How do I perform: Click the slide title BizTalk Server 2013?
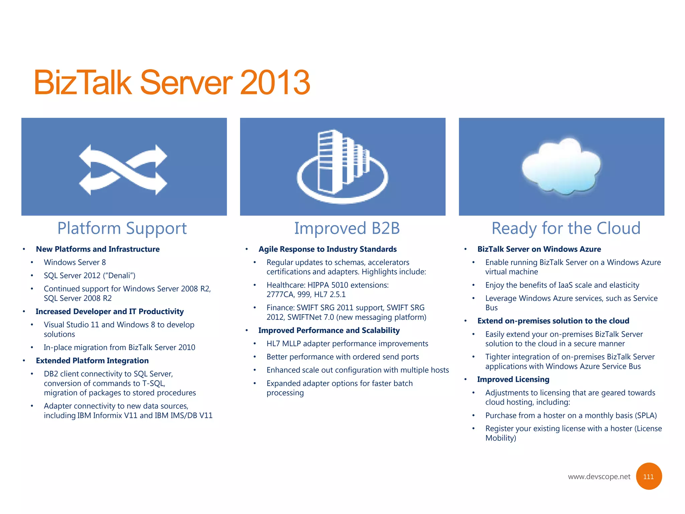pos(172,82)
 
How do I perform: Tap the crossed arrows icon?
pos(123,170)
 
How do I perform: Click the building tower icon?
pos(342,166)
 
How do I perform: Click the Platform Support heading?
pos(122,229)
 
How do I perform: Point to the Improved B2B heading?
pos(347,229)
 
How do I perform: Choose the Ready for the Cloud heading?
pos(566,229)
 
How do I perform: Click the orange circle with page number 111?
pos(648,477)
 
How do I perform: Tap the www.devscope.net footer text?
pos(599,477)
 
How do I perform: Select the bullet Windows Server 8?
pos(75,262)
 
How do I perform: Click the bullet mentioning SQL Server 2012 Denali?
pos(89,275)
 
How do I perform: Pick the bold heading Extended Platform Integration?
pos(92,361)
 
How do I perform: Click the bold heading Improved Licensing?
pos(513,379)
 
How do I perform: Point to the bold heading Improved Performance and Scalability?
pos(329,331)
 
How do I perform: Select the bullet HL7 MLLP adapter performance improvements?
pos(347,344)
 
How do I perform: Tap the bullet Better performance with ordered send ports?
pos(342,357)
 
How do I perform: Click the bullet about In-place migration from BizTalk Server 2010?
pos(119,347)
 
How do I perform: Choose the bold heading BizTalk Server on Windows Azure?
pos(539,249)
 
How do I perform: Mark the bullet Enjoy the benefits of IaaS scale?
pos(562,285)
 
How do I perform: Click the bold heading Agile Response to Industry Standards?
pos(327,249)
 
